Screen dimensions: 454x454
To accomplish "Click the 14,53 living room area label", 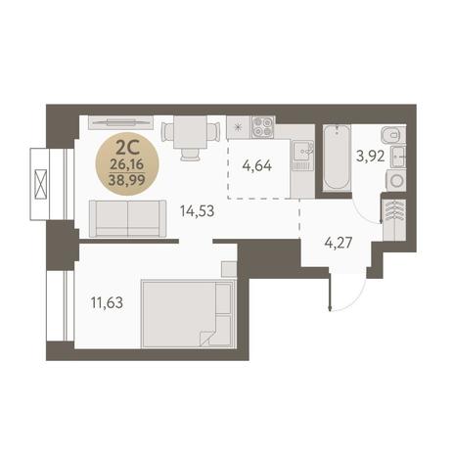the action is pos(197,211).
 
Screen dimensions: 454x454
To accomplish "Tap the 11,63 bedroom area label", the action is pos(107,303).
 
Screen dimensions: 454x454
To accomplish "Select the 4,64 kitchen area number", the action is pos(257,165).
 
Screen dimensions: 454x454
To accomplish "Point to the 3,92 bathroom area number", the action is pos(370,156).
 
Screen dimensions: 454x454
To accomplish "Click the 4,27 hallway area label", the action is pos(339,243).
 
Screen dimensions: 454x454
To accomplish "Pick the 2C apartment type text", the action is pos(127,150).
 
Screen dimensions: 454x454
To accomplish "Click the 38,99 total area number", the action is pos(127,179).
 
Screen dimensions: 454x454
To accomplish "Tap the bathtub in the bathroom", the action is pos(337,158).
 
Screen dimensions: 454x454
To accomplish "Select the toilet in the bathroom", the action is pos(392,135).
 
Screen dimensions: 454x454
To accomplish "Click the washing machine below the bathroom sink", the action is pos(396,180).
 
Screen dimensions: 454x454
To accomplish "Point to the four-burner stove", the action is pos(262,127).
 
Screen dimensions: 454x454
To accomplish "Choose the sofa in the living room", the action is pos(127,218).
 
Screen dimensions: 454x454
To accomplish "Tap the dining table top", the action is pos(190,132).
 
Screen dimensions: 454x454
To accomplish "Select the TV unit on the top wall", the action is pos(120,122).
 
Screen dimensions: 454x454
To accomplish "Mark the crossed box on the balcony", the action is pos(41,184).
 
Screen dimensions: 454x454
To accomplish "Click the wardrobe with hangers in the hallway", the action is pos(394,218).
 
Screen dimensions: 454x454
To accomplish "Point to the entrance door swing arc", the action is pos(352,297).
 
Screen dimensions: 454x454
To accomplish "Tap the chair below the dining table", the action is pos(190,155).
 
